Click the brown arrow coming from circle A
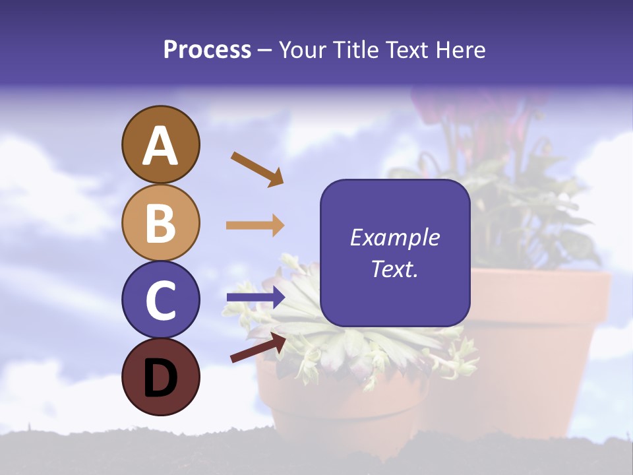click(x=256, y=168)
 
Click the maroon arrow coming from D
click(x=258, y=348)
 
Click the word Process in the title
click(x=207, y=49)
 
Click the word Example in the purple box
click(x=394, y=237)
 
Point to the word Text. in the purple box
click(x=394, y=269)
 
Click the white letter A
click(x=161, y=146)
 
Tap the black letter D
click(x=161, y=377)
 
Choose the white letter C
click(x=161, y=301)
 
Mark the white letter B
click(x=161, y=223)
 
